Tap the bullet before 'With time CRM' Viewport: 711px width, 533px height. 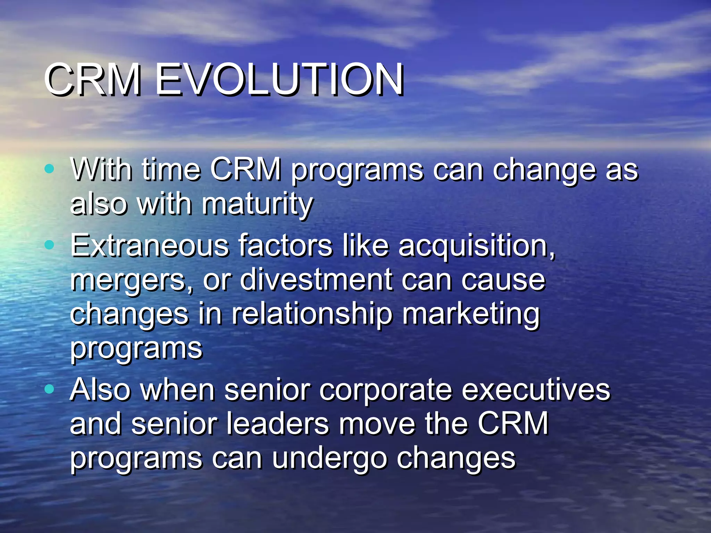click(x=50, y=169)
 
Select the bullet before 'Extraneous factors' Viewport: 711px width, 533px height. click(x=50, y=245)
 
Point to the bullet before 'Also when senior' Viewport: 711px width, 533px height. click(x=50, y=389)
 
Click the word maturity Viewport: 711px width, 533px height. click(x=257, y=205)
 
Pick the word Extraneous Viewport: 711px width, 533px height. click(x=150, y=246)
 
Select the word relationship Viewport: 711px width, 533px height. click(x=312, y=314)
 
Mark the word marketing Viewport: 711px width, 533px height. click(x=471, y=314)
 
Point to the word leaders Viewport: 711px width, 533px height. click(x=277, y=424)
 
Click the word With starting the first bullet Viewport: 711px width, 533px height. click(x=101, y=170)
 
